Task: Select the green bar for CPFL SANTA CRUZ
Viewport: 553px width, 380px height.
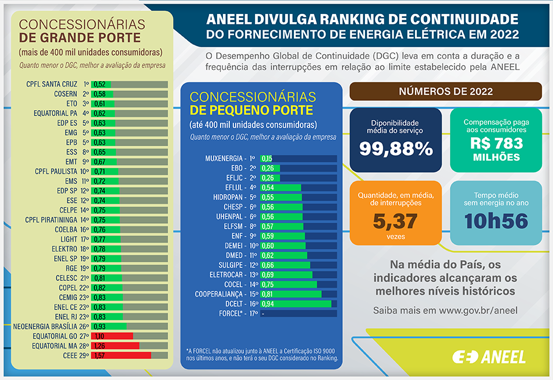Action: tap(101, 85)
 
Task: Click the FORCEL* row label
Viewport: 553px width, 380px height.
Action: tap(229, 314)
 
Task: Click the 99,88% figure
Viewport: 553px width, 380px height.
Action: tap(396, 149)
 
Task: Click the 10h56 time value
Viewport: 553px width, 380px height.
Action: tap(496, 220)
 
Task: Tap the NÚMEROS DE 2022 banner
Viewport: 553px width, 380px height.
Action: tap(445, 92)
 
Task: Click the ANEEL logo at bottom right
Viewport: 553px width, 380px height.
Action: tap(489, 357)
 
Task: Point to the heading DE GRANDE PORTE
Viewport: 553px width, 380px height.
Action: tap(80, 38)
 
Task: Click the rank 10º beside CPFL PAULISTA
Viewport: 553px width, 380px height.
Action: tap(84, 171)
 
